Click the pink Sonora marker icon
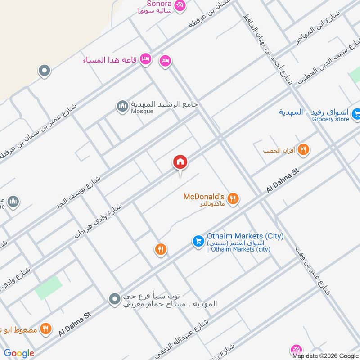[x=180, y=5]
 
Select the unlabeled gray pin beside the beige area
[x=44, y=70]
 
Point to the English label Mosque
[x=142, y=111]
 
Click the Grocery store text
[x=331, y=119]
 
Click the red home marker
[x=180, y=162]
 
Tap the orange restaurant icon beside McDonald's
[x=233, y=198]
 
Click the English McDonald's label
[x=204, y=197]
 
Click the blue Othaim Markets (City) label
[x=245, y=236]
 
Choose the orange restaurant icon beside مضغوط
[x=45, y=328]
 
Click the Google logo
[x=19, y=353]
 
